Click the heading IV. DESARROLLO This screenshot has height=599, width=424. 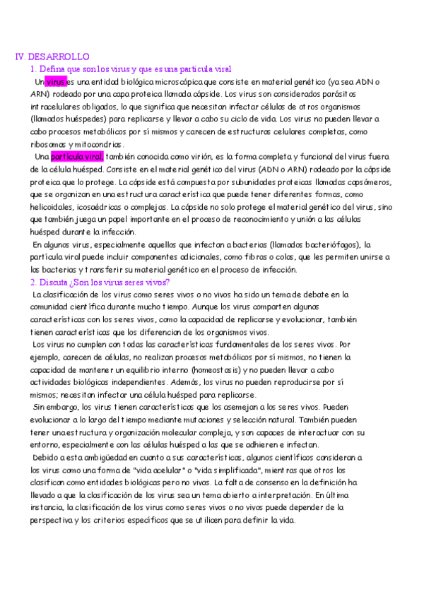(x=52, y=57)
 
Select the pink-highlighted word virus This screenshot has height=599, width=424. (x=55, y=82)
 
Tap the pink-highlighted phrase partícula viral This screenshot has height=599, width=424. (x=78, y=156)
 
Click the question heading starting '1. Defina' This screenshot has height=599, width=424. (x=131, y=69)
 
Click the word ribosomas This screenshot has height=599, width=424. (x=49, y=144)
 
